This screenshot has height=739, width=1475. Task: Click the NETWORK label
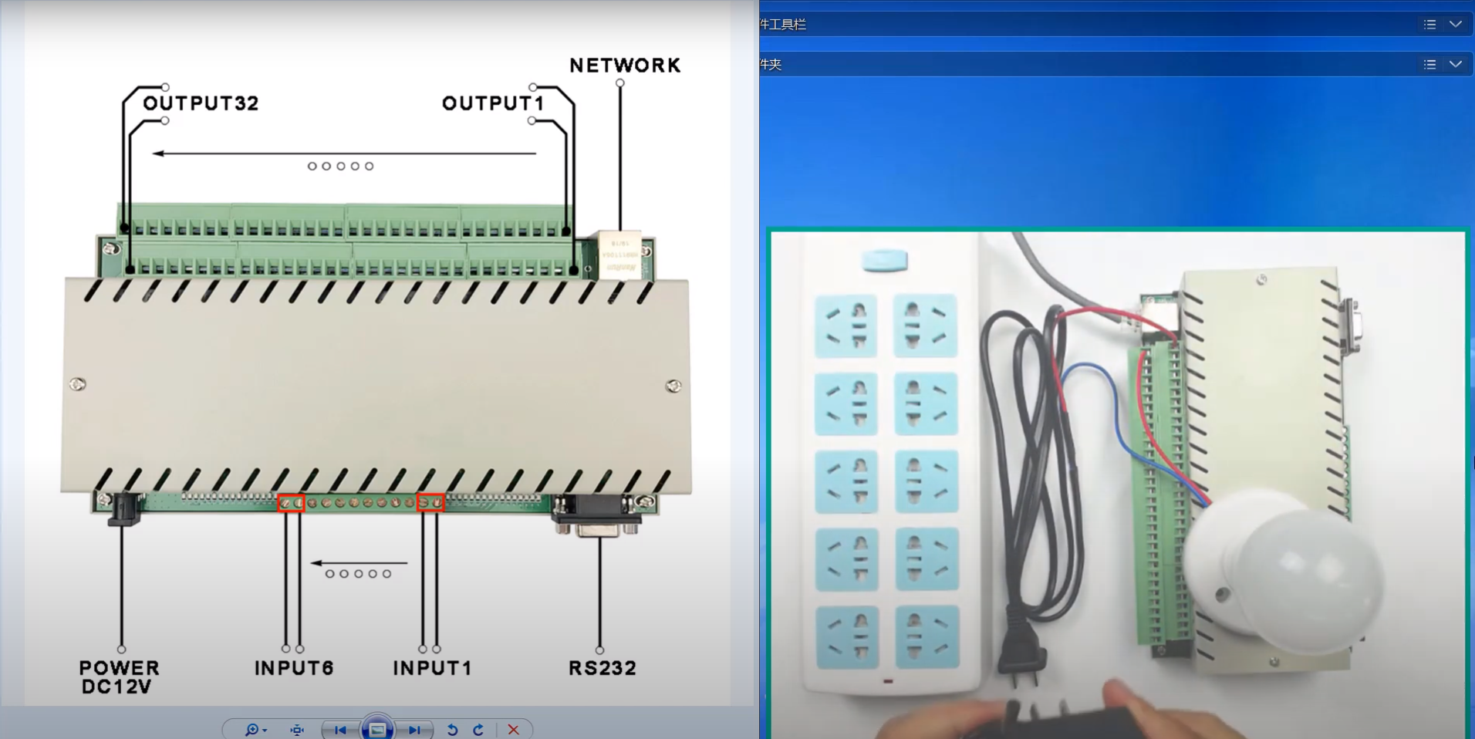(x=625, y=66)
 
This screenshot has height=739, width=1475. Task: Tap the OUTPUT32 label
(x=201, y=103)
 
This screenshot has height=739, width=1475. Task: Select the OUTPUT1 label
(x=493, y=103)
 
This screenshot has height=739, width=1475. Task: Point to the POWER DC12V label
(x=119, y=677)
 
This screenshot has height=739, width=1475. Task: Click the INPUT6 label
(x=294, y=668)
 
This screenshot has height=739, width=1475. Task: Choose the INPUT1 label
(x=432, y=668)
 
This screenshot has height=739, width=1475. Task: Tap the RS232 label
(x=602, y=668)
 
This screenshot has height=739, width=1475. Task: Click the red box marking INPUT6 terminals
(x=292, y=503)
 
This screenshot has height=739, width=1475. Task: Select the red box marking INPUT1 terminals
(x=430, y=503)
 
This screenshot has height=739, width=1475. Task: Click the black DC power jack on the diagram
(x=123, y=509)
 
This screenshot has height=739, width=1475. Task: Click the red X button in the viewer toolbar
(x=513, y=730)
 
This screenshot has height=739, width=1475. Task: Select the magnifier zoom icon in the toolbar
(x=252, y=730)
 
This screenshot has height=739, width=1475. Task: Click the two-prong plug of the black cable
(x=1023, y=656)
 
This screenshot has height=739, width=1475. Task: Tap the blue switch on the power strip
(x=884, y=260)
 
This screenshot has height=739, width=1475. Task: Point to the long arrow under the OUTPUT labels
(x=344, y=154)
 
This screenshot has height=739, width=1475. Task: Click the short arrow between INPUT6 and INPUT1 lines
(x=359, y=563)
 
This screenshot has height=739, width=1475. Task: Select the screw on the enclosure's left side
(x=78, y=384)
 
